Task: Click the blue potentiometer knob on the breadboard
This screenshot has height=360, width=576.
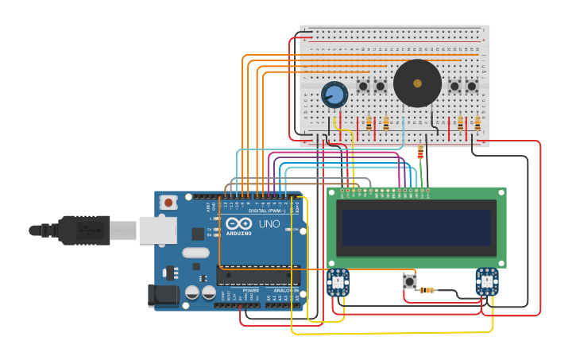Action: pos(334,95)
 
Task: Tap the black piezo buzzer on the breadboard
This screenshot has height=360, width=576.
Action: pos(417,83)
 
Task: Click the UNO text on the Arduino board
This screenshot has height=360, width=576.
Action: pos(269,224)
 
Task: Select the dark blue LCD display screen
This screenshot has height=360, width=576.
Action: pos(416,227)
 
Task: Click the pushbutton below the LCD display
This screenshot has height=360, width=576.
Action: pos(409,281)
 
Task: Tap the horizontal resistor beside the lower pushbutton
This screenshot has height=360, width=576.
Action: pos(427,290)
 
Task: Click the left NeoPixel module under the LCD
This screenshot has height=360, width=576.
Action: pos(338,282)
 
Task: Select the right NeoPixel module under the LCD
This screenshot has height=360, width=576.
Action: pos(486,282)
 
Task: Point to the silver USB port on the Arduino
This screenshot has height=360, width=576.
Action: pos(157,230)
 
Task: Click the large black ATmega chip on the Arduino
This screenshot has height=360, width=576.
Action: pos(258,276)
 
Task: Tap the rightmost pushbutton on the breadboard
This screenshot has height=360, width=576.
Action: pos(472,86)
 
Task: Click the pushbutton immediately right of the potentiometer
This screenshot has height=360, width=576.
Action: pos(363,86)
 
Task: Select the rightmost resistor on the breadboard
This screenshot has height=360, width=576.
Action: pos(477,123)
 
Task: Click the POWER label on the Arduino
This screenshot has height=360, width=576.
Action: pos(250,291)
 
